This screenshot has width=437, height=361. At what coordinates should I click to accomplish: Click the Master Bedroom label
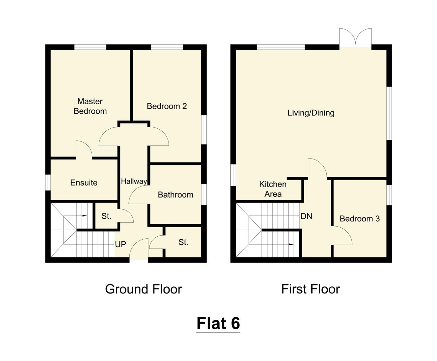[x=90, y=106]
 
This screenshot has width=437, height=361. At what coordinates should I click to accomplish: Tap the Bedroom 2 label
[x=167, y=106]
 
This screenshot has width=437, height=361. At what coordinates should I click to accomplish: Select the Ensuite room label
[x=84, y=183]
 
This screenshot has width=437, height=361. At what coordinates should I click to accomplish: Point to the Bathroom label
[x=175, y=195]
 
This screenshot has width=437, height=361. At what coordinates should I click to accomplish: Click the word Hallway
[x=134, y=181]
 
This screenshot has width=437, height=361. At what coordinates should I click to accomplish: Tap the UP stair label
[x=120, y=244]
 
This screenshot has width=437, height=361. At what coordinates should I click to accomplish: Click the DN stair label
[x=306, y=216]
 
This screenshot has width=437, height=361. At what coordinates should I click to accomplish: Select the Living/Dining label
[x=311, y=113]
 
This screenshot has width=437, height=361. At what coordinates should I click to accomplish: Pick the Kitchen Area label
[x=273, y=189]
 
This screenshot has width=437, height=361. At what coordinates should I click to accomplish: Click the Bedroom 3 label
[x=359, y=219]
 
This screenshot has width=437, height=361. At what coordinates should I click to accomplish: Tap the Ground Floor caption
[x=143, y=289]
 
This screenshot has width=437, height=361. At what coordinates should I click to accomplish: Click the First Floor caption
[x=310, y=289]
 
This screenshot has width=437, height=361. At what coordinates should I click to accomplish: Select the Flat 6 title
[x=218, y=323]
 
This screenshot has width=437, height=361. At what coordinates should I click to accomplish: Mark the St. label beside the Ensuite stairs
[x=106, y=216]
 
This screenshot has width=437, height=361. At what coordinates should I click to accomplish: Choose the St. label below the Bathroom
[x=183, y=242]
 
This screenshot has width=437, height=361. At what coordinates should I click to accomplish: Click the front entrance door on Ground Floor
[x=139, y=250]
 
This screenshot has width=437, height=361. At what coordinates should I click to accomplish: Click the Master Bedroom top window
[x=90, y=47]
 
